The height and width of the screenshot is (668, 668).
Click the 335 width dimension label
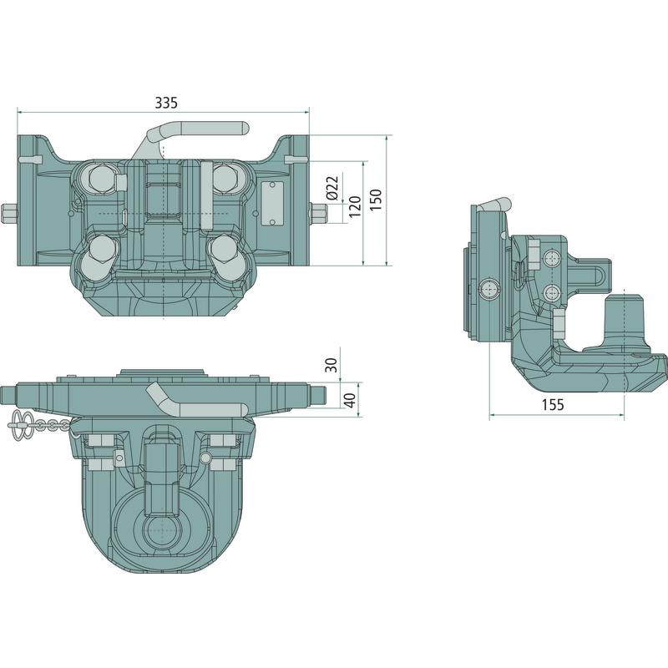(x=165, y=103)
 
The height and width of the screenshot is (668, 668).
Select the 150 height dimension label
(x=376, y=200)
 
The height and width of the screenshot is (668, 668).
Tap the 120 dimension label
(x=355, y=206)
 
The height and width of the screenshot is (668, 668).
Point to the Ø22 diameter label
(x=332, y=187)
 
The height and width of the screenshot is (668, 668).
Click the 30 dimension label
(x=331, y=365)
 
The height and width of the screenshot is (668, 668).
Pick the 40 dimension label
(x=350, y=401)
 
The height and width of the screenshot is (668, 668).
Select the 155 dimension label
(x=553, y=404)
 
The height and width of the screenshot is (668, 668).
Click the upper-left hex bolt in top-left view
(x=101, y=178)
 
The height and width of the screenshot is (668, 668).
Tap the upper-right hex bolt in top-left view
(x=225, y=178)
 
